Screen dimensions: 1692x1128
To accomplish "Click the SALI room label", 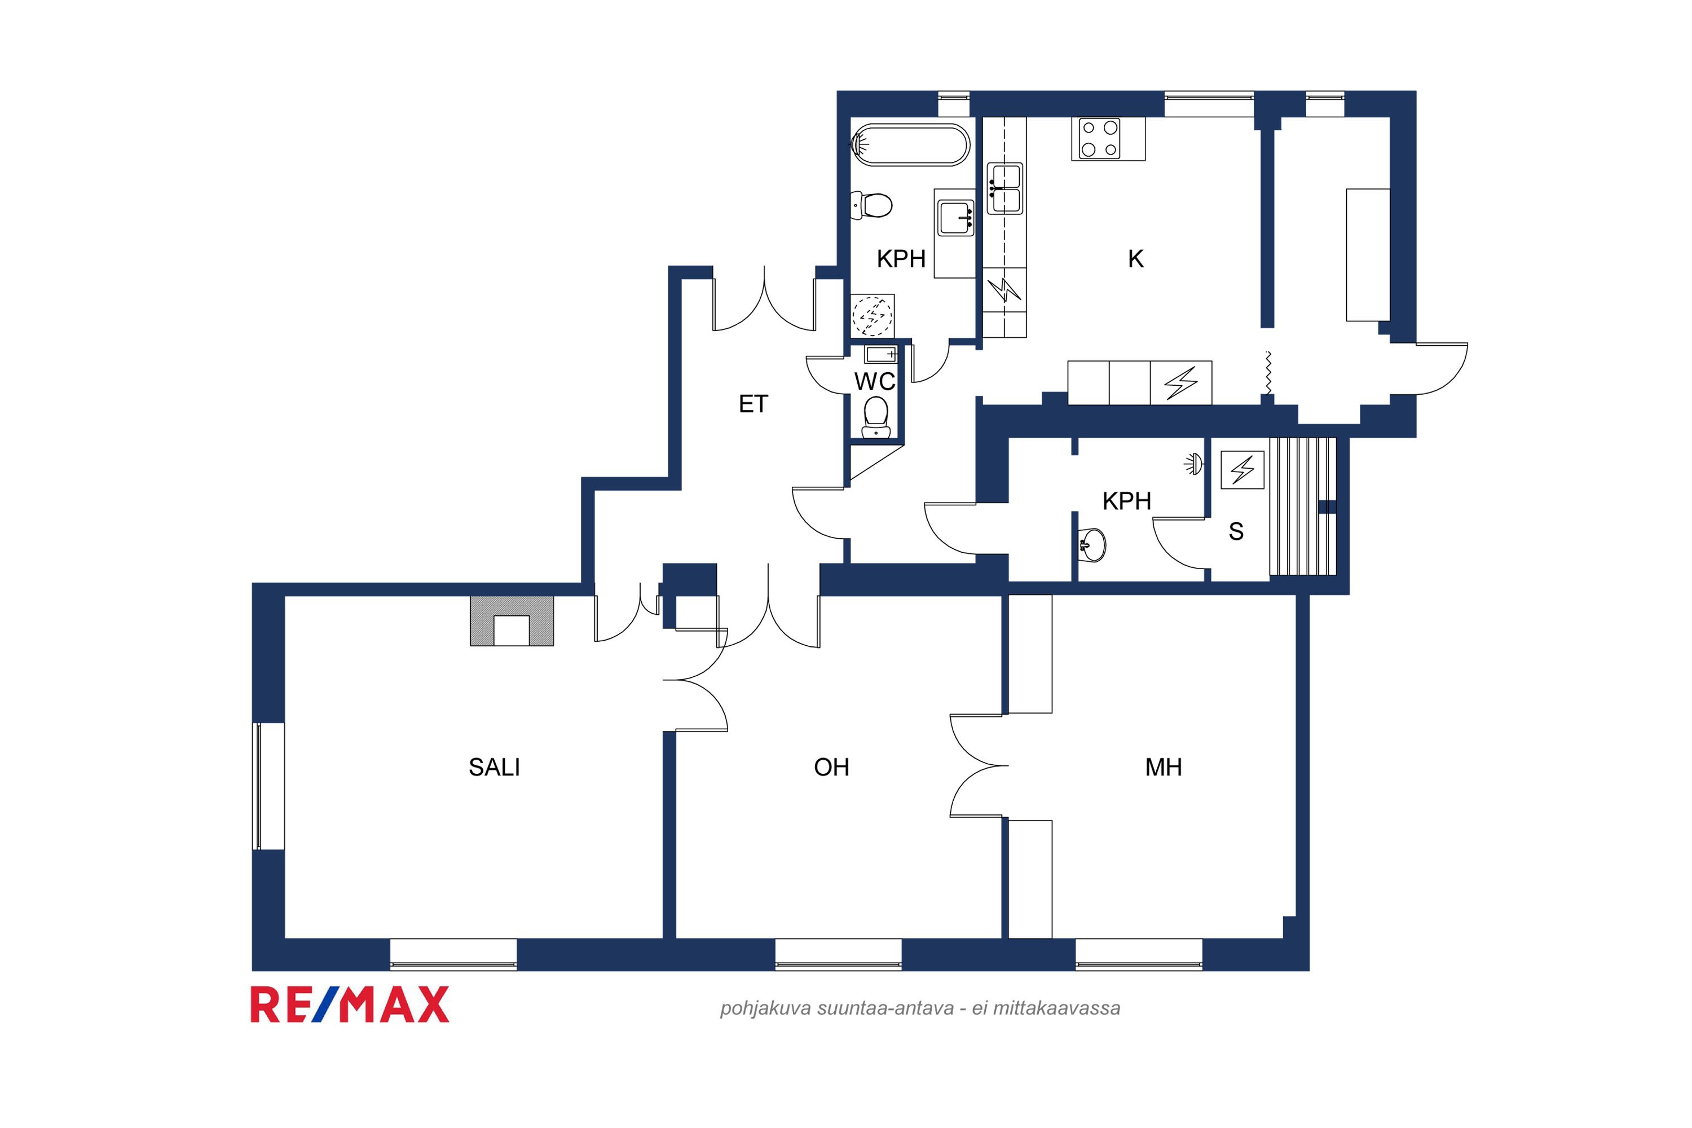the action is pyautogui.click(x=494, y=768).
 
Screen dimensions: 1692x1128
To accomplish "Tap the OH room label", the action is pyautogui.click(x=831, y=768).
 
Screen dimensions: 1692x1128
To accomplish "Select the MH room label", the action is pyautogui.click(x=1163, y=768).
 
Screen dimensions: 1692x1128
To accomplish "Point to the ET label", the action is pyautogui.click(x=753, y=404).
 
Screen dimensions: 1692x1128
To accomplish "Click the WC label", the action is pyautogui.click(x=875, y=381).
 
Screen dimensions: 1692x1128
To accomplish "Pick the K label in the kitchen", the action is pyautogui.click(x=1135, y=259).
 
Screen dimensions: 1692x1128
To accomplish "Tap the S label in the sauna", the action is pyautogui.click(x=1236, y=532).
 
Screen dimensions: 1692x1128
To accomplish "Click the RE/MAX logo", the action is pyautogui.click(x=350, y=1005).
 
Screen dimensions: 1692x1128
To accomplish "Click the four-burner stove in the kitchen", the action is pyautogui.click(x=1108, y=139).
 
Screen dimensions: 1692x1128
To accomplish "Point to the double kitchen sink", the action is pyautogui.click(x=1004, y=188).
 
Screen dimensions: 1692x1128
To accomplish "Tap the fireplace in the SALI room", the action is pyautogui.click(x=512, y=621).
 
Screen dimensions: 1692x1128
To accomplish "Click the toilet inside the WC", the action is pyautogui.click(x=875, y=417).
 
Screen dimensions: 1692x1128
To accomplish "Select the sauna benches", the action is pyautogui.click(x=1303, y=506).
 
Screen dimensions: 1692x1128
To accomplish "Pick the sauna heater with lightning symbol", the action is pyautogui.click(x=1242, y=470).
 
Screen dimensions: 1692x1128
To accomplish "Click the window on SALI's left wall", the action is pyautogui.click(x=269, y=786).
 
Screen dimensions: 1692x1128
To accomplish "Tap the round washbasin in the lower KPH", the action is pyautogui.click(x=1092, y=545).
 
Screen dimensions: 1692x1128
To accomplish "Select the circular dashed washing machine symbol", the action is pyautogui.click(x=872, y=315).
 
